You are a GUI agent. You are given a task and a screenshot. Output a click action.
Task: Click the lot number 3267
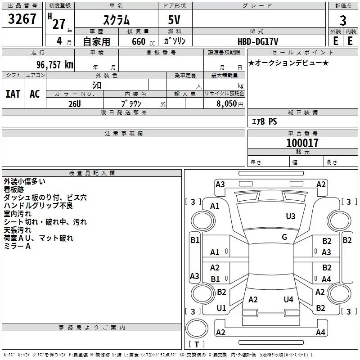click(x=22, y=19)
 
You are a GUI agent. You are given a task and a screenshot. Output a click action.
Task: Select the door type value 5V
click(x=175, y=20)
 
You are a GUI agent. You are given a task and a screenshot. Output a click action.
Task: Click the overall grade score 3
click(x=343, y=21)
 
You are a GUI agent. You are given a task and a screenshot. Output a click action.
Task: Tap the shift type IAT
click(x=13, y=94)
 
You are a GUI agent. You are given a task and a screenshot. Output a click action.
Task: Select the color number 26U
click(x=74, y=103)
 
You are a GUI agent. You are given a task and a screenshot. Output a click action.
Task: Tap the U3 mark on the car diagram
click(x=291, y=216)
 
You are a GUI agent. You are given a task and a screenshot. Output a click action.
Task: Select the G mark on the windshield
click(x=284, y=237)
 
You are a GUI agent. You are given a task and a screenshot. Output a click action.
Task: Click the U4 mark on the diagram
click(x=288, y=299)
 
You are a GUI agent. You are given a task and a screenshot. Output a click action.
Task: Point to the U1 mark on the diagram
click(x=221, y=308)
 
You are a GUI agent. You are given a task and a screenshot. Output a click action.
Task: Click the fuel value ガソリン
click(x=175, y=41)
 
